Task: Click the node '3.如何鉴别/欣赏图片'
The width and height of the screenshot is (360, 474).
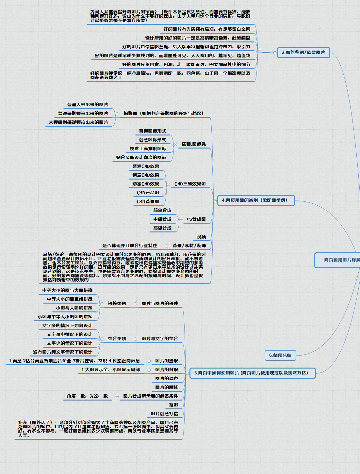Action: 303,53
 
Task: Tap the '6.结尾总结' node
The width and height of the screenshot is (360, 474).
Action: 280,355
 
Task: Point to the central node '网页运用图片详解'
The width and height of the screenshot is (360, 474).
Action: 340,260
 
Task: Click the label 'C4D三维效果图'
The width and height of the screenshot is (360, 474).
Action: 190,184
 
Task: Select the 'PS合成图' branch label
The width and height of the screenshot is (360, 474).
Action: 196,219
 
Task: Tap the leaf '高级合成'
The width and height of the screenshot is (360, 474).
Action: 162,228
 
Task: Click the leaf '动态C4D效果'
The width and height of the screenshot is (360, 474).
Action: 146,184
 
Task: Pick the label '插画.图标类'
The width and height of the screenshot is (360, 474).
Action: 194,144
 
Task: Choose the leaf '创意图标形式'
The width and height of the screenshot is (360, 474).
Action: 152,140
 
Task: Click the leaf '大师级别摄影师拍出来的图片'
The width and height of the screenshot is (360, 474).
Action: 78,122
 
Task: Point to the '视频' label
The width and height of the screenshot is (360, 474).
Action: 201,237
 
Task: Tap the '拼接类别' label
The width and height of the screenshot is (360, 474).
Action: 117,304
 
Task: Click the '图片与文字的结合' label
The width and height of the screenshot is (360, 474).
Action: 160,339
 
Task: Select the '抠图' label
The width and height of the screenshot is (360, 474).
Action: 173,405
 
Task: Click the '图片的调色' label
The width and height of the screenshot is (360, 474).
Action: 167,378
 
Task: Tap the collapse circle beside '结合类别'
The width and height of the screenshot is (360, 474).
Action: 102,339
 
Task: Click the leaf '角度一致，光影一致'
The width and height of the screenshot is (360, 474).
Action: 87,396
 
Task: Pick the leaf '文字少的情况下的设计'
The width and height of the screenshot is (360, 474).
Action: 69,343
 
